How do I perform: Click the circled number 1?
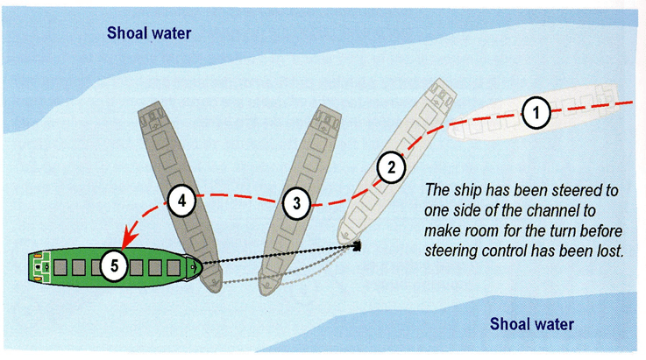pos(536,111)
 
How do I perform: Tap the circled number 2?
pos(393,164)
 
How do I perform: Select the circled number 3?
pos(297,203)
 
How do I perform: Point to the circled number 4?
pos(181,201)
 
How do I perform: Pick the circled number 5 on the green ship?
pos(114,263)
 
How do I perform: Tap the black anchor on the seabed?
pos(358,246)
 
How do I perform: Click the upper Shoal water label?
pos(149,34)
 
